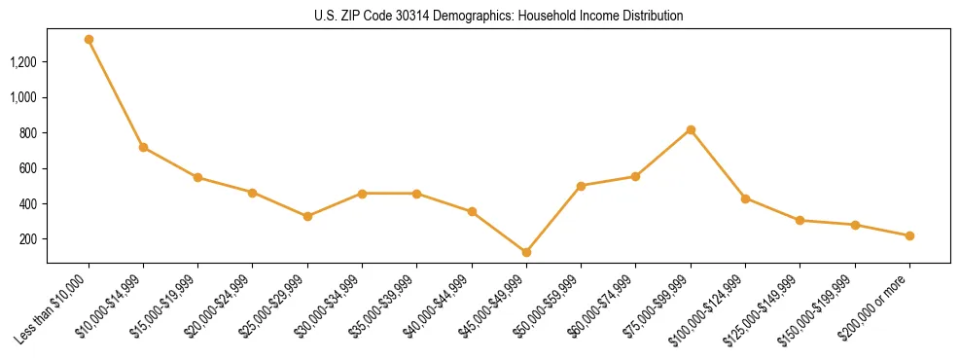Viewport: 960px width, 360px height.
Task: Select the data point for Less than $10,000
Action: tap(89, 40)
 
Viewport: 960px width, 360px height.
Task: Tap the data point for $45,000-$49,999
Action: tap(526, 252)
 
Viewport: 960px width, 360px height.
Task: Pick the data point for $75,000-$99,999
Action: tap(691, 129)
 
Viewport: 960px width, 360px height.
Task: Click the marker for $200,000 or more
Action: tap(909, 235)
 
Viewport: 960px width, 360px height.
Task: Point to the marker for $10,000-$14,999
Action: tap(143, 147)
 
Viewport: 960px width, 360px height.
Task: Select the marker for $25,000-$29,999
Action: tap(307, 216)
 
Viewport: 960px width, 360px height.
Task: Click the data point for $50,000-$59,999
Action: tap(581, 186)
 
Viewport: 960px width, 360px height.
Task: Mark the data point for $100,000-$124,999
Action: tap(745, 198)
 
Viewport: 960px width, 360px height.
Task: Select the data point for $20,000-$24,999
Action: tap(253, 193)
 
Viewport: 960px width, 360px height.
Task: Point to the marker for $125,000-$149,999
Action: tap(800, 220)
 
